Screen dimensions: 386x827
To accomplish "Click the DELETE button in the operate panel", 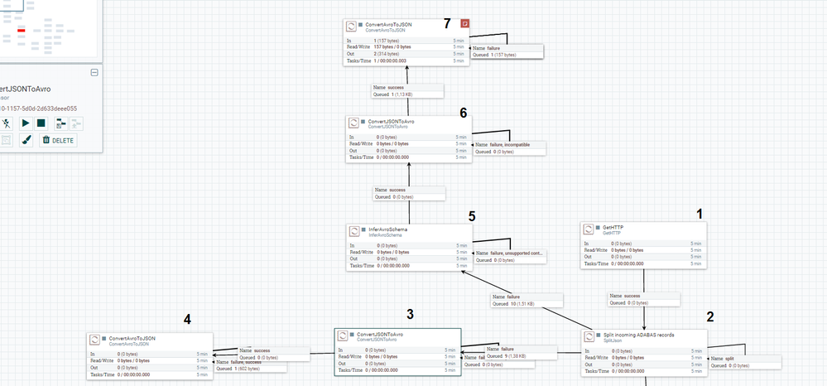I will point(57,140).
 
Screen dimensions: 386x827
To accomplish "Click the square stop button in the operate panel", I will point(41,123).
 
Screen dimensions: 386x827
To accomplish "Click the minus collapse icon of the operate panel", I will point(94,73).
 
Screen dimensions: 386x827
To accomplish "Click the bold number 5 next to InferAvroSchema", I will point(471,216).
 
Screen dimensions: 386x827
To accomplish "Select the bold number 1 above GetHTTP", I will point(700,213).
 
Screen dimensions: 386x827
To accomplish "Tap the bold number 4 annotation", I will point(188,320).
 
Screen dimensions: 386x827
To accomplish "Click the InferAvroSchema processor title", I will point(387,229).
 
